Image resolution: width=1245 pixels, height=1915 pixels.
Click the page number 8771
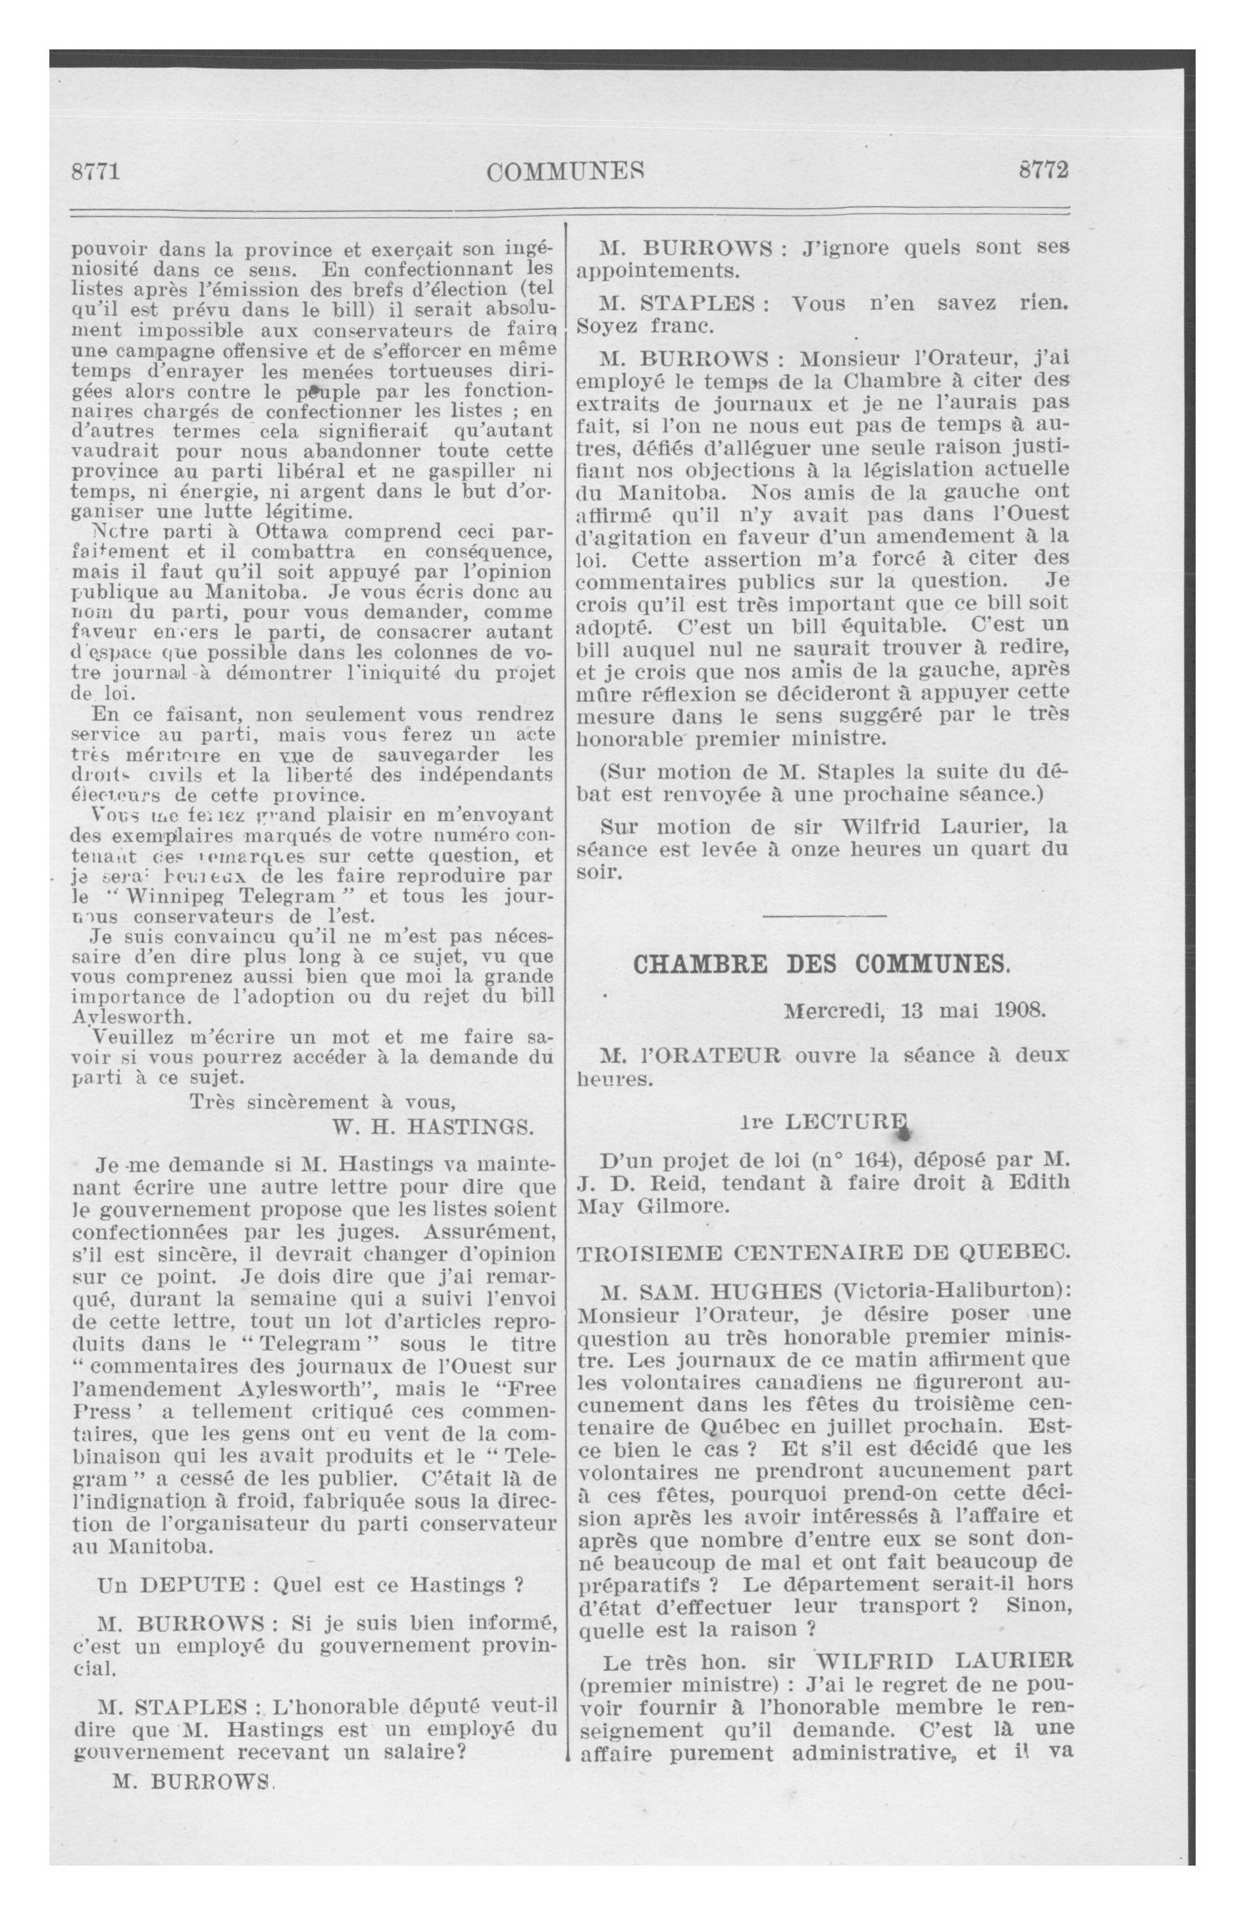coord(95,171)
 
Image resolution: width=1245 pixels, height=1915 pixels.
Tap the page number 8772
coord(1042,171)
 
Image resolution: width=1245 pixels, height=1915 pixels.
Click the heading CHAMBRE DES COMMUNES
coord(821,965)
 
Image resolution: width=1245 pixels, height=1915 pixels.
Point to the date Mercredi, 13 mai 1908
coord(915,1011)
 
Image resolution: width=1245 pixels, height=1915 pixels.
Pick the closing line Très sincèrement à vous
coord(322,1102)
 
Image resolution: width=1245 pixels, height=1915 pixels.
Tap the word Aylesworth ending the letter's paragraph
coord(133,1015)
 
